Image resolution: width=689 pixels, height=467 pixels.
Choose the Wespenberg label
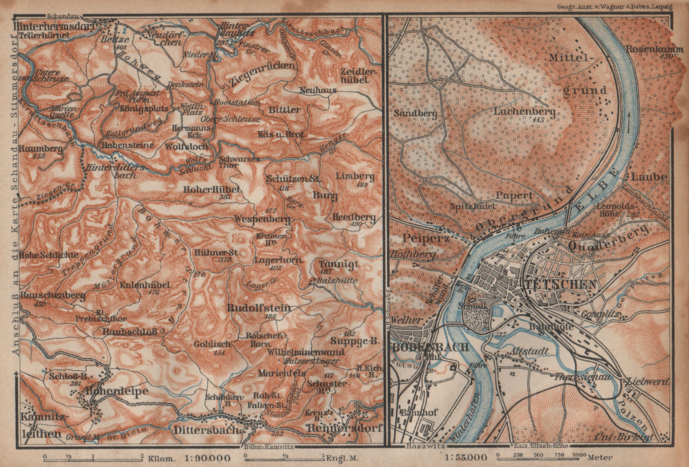click(261, 219)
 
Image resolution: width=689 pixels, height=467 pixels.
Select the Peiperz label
click(421, 238)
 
